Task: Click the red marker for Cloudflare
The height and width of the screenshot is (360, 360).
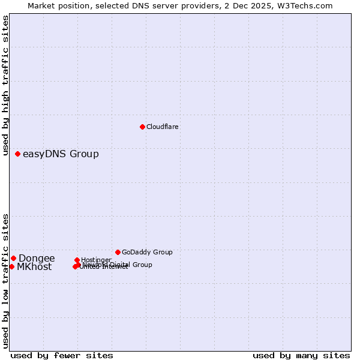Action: [142, 127]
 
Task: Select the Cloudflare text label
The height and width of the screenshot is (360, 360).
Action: [162, 127]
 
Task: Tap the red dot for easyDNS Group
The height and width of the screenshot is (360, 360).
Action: [18, 154]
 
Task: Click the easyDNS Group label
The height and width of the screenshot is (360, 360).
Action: [61, 154]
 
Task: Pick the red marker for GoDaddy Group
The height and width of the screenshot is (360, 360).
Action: [118, 252]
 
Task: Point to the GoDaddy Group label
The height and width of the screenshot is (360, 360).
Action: [147, 252]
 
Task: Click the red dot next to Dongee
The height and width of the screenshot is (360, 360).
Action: [13, 258]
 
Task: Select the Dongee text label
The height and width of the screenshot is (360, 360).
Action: [37, 259]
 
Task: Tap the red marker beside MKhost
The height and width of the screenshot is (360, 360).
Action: [11, 266]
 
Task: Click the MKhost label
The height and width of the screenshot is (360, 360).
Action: [34, 267]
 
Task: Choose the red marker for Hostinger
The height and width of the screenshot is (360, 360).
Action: [77, 260]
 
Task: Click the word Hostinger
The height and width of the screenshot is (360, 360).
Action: [96, 260]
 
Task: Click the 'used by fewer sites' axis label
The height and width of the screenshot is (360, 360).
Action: [62, 355]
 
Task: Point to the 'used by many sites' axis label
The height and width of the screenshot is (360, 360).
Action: [301, 355]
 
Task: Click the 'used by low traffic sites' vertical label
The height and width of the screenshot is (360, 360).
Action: [5, 281]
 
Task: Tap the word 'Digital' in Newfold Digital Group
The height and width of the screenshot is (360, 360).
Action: [120, 265]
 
